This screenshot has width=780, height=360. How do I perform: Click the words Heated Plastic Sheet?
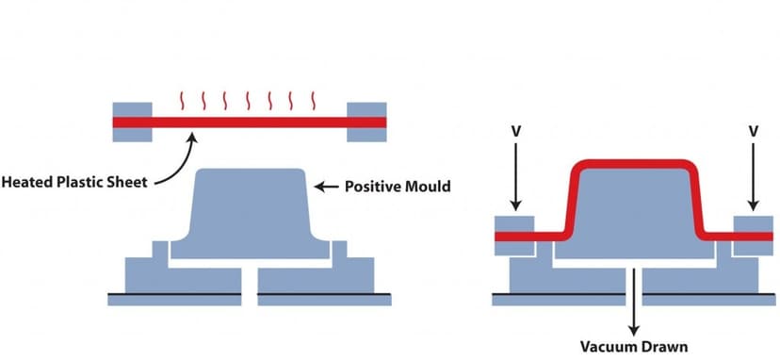pos(74,182)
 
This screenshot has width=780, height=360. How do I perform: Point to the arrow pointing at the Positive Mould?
pos(326,187)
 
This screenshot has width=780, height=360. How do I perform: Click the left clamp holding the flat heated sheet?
pos(132,122)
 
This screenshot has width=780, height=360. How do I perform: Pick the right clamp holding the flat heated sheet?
pos(366,122)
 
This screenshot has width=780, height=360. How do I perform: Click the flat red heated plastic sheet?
pos(249,123)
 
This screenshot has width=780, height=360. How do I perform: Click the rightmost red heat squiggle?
pos(315,100)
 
